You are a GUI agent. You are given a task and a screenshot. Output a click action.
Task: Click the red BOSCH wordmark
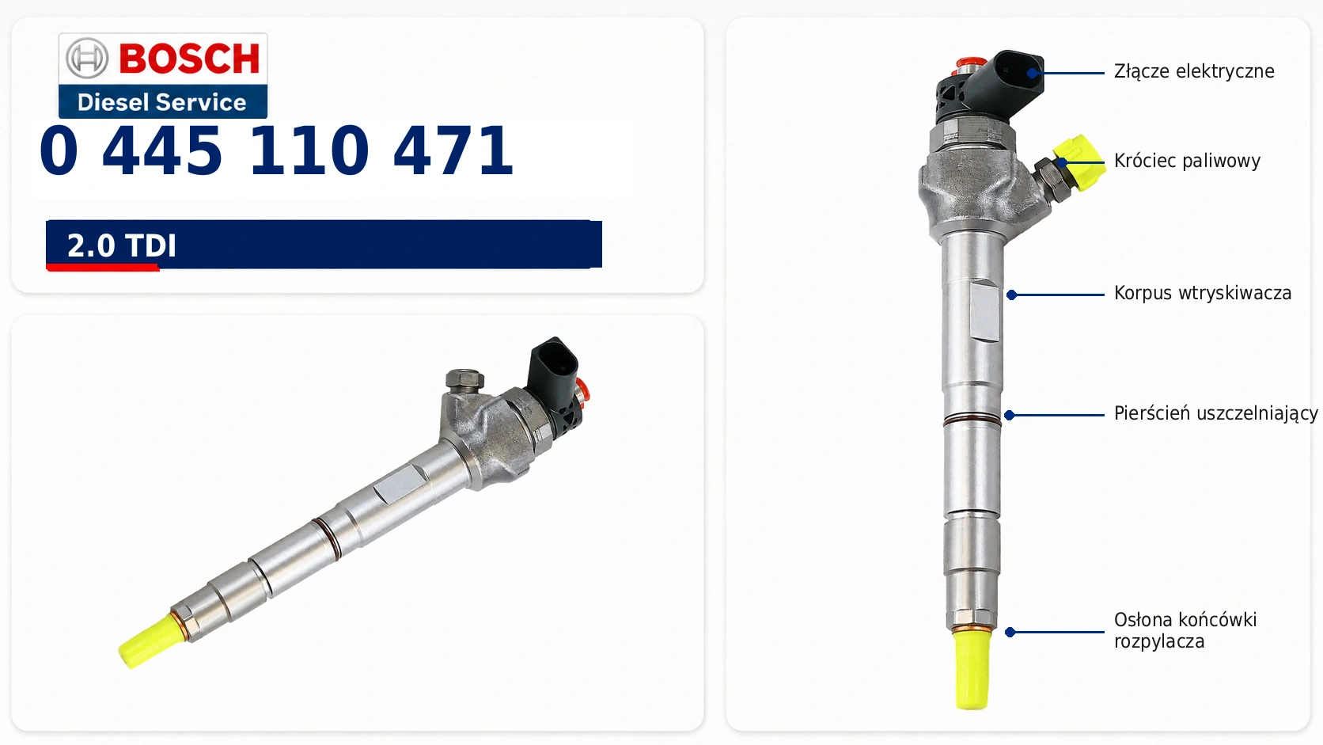pyautogui.click(x=190, y=58)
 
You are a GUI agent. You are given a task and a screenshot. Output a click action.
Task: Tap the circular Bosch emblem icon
pyautogui.click(x=87, y=58)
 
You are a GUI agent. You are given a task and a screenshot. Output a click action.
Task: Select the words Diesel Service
pyautogui.click(x=162, y=102)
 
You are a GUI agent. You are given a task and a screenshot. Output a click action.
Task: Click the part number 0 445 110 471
pyautogui.click(x=276, y=150)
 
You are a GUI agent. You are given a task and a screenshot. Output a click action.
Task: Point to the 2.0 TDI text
pyautogui.click(x=122, y=245)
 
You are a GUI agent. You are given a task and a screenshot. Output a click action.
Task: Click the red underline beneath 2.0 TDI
pyautogui.click(x=103, y=268)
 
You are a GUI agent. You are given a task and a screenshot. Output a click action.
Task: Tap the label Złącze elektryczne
pyautogui.click(x=1194, y=71)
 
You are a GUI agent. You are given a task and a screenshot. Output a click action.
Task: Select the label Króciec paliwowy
pyautogui.click(x=1187, y=161)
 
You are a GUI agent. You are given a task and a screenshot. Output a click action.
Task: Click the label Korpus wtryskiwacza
pyautogui.click(x=1203, y=293)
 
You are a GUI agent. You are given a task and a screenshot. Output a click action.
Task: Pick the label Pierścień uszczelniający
pyautogui.click(x=1215, y=413)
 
